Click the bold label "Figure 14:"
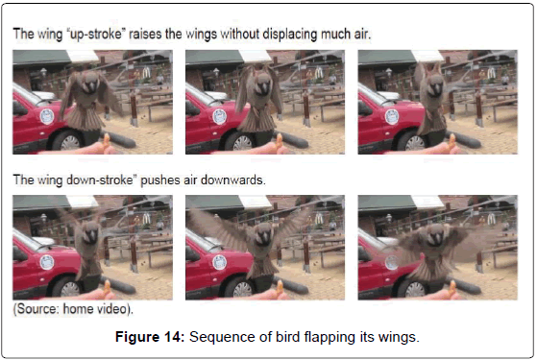150,337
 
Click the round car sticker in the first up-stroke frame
47,116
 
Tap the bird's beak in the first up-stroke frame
91,87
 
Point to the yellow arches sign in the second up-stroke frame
319,72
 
